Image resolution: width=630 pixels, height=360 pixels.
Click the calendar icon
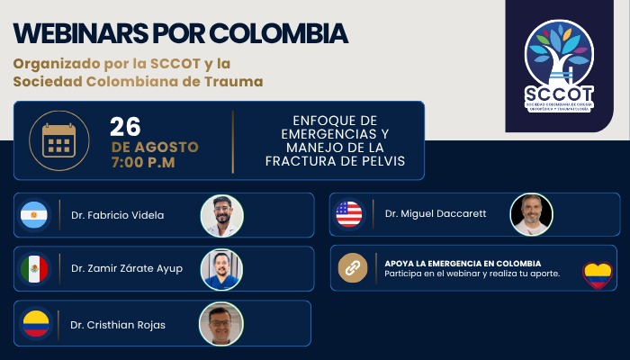click(x=59, y=140)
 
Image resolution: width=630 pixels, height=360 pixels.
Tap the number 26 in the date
click(x=125, y=127)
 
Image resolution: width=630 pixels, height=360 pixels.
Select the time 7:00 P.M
click(x=143, y=162)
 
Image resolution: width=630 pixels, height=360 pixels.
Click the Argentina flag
click(x=34, y=215)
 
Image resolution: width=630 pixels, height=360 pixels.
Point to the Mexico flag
click(x=34, y=269)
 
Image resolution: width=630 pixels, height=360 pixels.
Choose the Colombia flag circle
click(x=36, y=323)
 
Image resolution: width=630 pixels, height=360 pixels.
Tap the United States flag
click(x=349, y=214)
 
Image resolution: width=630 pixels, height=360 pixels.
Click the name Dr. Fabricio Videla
click(x=117, y=215)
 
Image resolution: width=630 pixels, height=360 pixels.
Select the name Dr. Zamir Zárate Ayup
click(x=127, y=268)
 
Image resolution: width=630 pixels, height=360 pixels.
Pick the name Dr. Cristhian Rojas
click(x=118, y=325)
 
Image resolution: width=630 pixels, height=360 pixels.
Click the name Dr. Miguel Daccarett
click(x=436, y=214)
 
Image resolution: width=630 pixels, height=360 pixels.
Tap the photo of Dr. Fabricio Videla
click(x=221, y=216)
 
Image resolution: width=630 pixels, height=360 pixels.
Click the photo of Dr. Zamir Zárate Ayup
click(x=221, y=270)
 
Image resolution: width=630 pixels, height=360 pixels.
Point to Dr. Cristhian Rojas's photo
click(x=221, y=324)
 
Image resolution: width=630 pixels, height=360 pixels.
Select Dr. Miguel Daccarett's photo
click(x=531, y=214)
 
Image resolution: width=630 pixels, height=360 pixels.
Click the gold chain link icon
click(x=353, y=268)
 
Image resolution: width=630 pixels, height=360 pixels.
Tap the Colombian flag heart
click(x=598, y=275)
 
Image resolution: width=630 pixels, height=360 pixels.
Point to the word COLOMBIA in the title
click(x=278, y=33)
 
